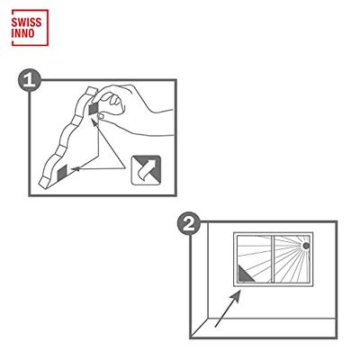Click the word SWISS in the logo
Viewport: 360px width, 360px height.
point(26,22)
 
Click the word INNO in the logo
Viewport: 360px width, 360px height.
point(23,33)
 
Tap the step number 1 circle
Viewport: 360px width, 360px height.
point(30,80)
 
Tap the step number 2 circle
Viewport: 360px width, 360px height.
point(189,223)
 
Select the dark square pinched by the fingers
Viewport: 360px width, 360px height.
point(94,109)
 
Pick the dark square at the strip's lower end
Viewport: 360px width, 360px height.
point(62,173)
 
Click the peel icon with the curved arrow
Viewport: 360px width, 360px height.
point(146,170)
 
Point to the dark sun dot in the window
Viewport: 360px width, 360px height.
point(306,246)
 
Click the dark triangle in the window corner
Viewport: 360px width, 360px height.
point(245,274)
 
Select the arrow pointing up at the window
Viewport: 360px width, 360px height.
point(228,309)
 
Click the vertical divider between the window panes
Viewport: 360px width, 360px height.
point(273,259)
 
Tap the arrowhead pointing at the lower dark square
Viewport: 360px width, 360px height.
point(75,169)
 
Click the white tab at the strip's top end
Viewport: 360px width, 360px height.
point(90,91)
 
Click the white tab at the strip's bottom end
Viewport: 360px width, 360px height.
point(44,183)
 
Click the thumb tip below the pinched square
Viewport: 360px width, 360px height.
point(101,116)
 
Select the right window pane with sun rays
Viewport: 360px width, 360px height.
point(292,259)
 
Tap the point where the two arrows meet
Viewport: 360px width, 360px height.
point(124,168)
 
